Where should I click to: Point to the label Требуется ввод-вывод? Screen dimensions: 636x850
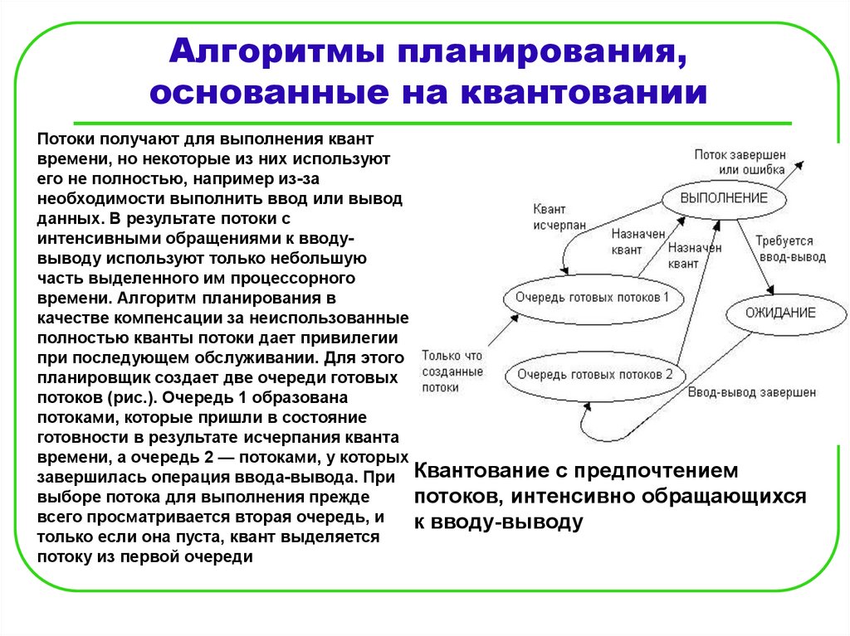coord(790,249)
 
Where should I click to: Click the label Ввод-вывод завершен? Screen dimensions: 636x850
coord(751,392)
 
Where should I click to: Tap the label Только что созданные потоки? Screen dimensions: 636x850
coord(451,371)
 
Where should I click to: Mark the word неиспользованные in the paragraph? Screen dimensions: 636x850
coord(342,318)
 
